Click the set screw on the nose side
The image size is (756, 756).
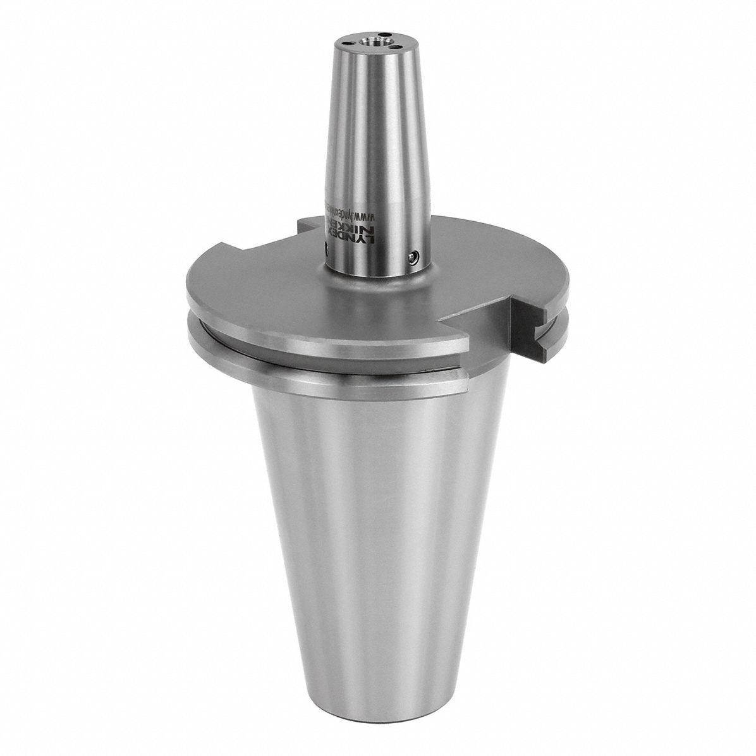(x=413, y=256)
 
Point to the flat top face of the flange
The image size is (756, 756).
(x=265, y=278)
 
